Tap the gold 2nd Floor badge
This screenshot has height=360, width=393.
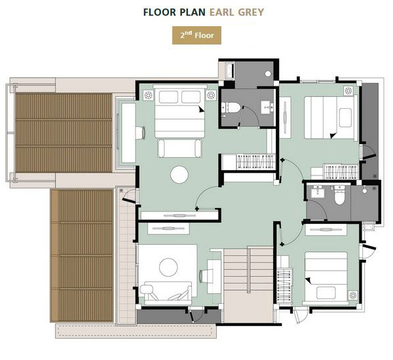pyautogui.click(x=196, y=35)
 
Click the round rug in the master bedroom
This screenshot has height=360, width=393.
pyautogui.click(x=179, y=175)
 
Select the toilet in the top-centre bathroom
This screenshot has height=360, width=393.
pyautogui.click(x=231, y=107)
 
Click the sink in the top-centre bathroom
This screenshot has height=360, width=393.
pyautogui.click(x=267, y=107)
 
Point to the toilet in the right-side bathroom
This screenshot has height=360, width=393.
pyautogui.click(x=339, y=195)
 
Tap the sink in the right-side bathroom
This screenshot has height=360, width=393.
pyautogui.click(x=318, y=192)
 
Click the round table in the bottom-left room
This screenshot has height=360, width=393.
pyautogui.click(x=168, y=267)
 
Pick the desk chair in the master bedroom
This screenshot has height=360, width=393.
pyautogui.click(x=140, y=133)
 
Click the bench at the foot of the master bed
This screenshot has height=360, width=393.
pyautogui.click(x=179, y=149)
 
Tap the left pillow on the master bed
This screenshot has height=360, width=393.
pyautogui.click(x=168, y=97)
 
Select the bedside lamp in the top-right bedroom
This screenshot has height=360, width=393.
pyautogui.click(x=348, y=91)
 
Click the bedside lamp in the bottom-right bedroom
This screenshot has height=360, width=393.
pyautogui.click(x=352, y=295)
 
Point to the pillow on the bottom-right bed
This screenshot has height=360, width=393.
pyautogui.click(x=326, y=293)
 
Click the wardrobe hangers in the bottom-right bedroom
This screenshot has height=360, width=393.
pyautogui.click(x=284, y=285)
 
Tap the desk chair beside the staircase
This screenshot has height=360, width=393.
pyautogui.click(x=204, y=276)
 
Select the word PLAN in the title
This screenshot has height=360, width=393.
pyautogui.click(x=193, y=12)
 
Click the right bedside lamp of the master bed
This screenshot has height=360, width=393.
pyautogui.click(x=211, y=95)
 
